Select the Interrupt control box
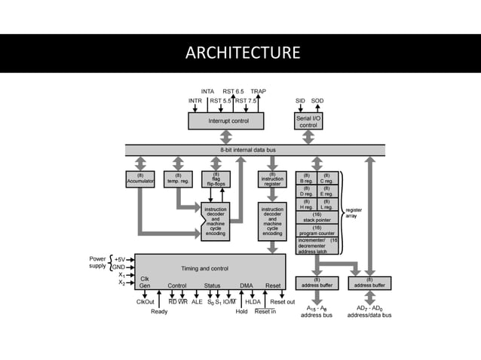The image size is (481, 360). [225, 121]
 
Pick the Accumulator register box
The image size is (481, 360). [139, 178]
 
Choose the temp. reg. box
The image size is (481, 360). [178, 178]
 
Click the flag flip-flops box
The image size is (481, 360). [216, 178]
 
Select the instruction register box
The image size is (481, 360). [272, 178]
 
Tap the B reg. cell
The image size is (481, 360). [307, 178]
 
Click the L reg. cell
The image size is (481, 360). [326, 206]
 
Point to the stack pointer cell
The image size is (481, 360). [317, 218]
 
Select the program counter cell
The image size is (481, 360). [317, 230]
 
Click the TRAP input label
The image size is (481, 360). [257, 91]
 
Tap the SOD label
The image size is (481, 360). [317, 100]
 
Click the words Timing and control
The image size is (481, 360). [204, 268]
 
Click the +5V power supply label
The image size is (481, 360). [120, 258]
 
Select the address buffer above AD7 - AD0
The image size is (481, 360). [369, 283]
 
